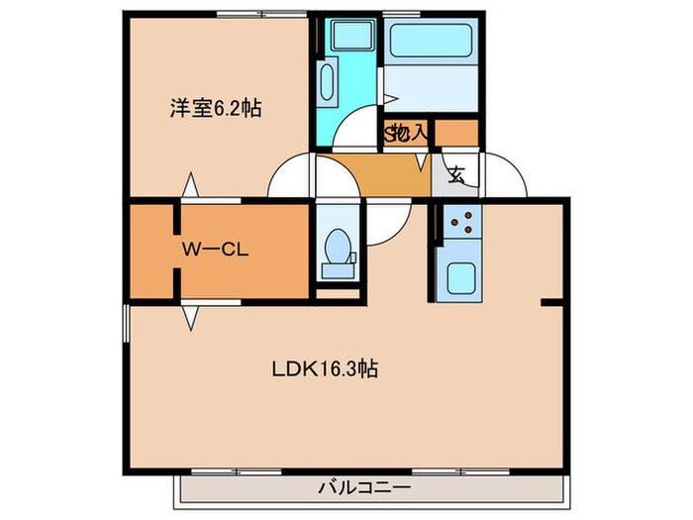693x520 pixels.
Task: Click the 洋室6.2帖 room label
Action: click(x=215, y=109)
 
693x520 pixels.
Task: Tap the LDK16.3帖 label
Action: click(x=326, y=369)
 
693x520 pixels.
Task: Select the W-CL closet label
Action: click(x=213, y=249)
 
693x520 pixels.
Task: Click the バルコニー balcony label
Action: click(x=364, y=487)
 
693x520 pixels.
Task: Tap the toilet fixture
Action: click(x=339, y=250)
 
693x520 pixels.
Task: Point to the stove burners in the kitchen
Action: click(x=460, y=225)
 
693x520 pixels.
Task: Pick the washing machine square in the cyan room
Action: click(x=348, y=38)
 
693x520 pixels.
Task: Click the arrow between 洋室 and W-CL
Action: click(x=189, y=185)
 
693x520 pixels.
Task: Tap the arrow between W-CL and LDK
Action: click(x=189, y=316)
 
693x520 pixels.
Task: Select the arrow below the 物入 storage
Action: click(x=421, y=158)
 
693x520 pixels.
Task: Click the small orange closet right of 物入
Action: click(x=456, y=131)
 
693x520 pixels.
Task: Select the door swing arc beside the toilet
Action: click(x=388, y=223)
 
